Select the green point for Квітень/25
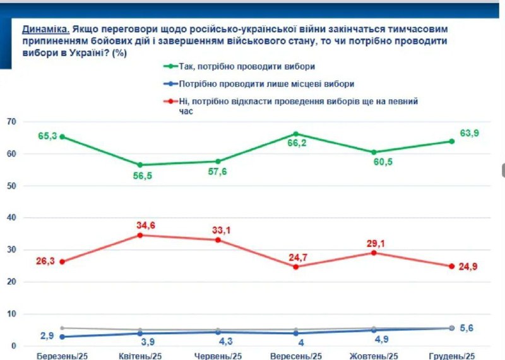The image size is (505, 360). [141, 165]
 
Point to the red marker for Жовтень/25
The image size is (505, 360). [374, 253]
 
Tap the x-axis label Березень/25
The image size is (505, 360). [63, 356]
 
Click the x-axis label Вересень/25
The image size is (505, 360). [296, 356]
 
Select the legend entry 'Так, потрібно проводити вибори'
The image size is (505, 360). [246, 66]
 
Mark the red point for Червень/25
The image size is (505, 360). [218, 240]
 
